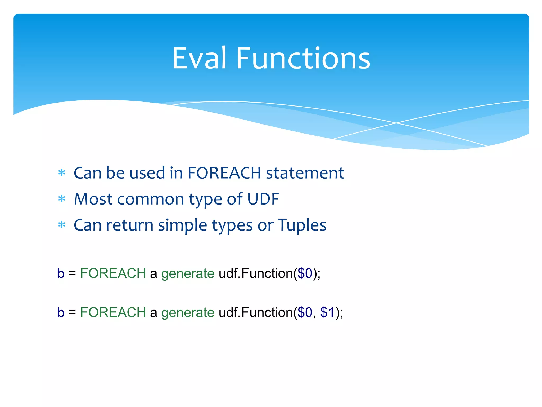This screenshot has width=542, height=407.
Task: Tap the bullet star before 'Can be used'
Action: point(62,173)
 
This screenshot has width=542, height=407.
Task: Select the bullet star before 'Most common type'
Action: point(62,199)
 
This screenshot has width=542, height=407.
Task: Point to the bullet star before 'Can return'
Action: point(62,225)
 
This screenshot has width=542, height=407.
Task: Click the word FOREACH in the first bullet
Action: point(224,173)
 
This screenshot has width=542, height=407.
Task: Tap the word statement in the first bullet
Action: point(305,173)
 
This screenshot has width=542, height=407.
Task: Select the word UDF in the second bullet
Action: point(263,199)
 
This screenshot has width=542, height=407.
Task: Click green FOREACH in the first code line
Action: point(113,273)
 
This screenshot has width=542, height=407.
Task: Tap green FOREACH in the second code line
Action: point(113,312)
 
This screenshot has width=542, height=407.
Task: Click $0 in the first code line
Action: point(305,273)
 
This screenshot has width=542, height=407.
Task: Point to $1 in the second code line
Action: point(328,312)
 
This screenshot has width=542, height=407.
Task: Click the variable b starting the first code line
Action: point(61,273)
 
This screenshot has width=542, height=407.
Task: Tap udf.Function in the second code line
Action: point(255,312)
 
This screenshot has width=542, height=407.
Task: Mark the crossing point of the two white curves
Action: point(396,123)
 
